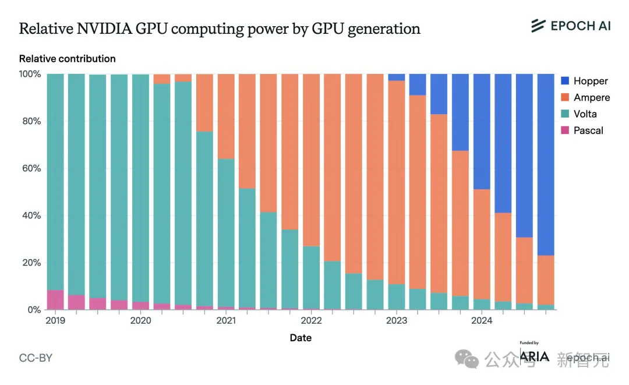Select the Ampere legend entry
point(585,97)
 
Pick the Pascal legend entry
point(581,130)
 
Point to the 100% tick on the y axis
point(30,74)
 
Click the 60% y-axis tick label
point(32,168)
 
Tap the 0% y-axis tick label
point(34,310)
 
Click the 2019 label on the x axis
point(55,320)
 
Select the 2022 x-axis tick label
point(311,320)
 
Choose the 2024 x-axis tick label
point(482,320)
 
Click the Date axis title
point(301,338)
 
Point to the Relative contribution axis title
point(67,59)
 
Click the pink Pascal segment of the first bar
point(55,300)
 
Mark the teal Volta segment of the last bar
point(546,307)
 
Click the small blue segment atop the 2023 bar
point(397,77)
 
